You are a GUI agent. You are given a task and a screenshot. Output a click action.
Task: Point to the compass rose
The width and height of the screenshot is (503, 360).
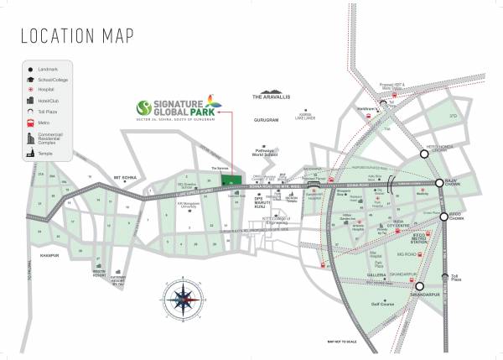point(182,295)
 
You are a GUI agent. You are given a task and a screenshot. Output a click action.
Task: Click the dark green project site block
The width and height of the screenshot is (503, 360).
point(228,180)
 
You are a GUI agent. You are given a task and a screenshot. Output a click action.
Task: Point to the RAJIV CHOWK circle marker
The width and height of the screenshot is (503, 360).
point(439,183)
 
